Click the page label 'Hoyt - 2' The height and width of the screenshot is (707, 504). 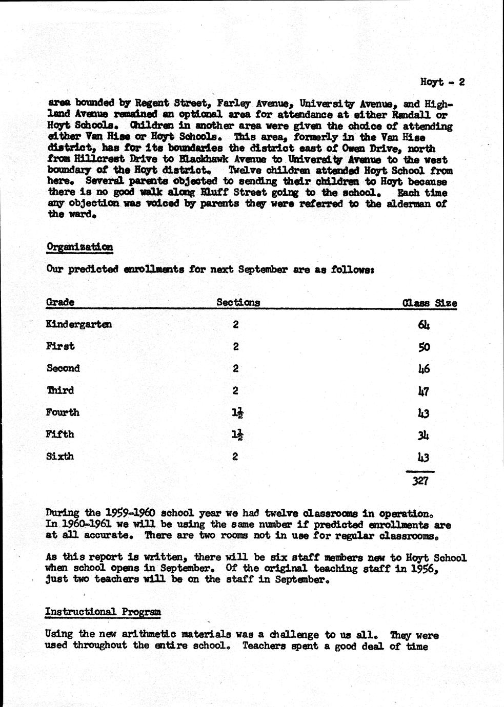pyautogui.click(x=442, y=82)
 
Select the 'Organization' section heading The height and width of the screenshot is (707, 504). pyautogui.click(x=79, y=247)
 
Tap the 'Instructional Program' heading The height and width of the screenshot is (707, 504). pyautogui.click(x=103, y=612)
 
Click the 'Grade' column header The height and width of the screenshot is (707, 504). pyautogui.click(x=60, y=302)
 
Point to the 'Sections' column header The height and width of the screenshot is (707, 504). pyautogui.click(x=238, y=302)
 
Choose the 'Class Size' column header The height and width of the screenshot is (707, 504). pyautogui.click(x=429, y=303)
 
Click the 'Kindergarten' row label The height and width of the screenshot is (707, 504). pyautogui.click(x=79, y=324)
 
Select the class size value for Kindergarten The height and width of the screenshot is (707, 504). pyautogui.click(x=424, y=325)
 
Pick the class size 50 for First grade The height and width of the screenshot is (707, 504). pyautogui.click(x=424, y=347)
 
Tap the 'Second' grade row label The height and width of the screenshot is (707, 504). pyautogui.click(x=64, y=368)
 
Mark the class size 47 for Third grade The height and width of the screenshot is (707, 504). pyautogui.click(x=424, y=391)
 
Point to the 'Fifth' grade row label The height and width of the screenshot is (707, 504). pyautogui.click(x=60, y=434)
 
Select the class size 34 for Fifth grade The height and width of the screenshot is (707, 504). pyautogui.click(x=424, y=435)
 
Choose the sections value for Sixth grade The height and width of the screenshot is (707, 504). pyautogui.click(x=235, y=456)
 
